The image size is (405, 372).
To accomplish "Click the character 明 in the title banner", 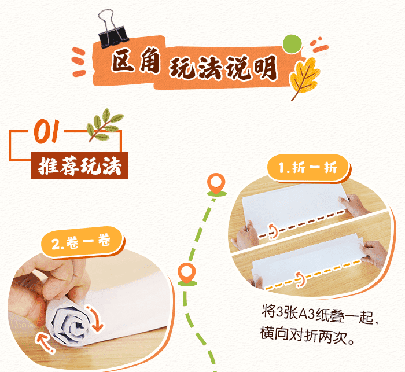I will click(264, 68).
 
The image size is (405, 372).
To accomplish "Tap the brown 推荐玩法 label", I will click(79, 166).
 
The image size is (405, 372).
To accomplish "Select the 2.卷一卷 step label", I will click(81, 243).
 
